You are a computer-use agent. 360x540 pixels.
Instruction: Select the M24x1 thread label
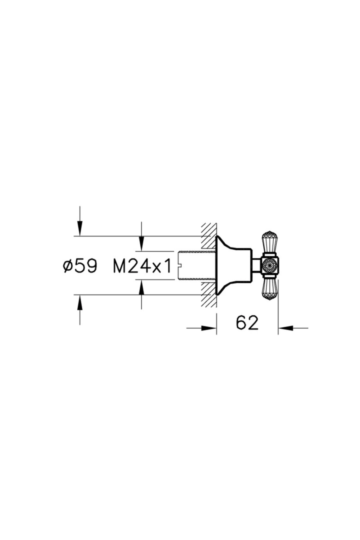(x=142, y=266)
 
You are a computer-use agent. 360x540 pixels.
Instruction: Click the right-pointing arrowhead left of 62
(x=209, y=328)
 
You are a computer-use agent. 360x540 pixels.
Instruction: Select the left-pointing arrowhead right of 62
(x=286, y=328)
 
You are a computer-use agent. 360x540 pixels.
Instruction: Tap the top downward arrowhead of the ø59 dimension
(x=80, y=229)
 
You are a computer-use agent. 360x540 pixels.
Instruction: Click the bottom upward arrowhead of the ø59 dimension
(x=80, y=302)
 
